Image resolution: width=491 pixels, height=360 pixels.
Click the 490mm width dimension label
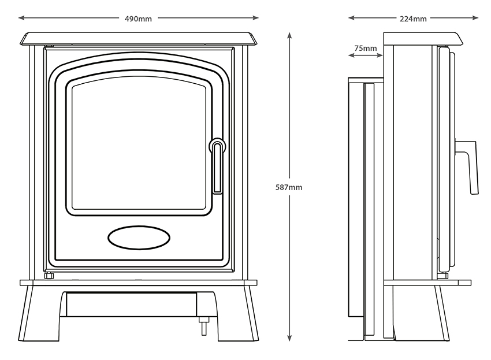pyautogui.click(x=139, y=18)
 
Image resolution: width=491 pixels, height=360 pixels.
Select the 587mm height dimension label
pyautogui.click(x=289, y=187)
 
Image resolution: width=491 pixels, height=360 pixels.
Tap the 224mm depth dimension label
pyautogui.click(x=413, y=18)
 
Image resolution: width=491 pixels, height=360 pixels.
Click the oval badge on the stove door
pyautogui.click(x=139, y=237)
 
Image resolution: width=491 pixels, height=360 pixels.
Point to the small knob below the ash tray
pyautogui.click(x=203, y=326)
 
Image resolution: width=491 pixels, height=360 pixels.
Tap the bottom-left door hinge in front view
pyautogui.click(x=49, y=276)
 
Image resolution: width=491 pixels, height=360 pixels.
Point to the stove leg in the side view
pyautogui.click(x=442, y=312)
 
